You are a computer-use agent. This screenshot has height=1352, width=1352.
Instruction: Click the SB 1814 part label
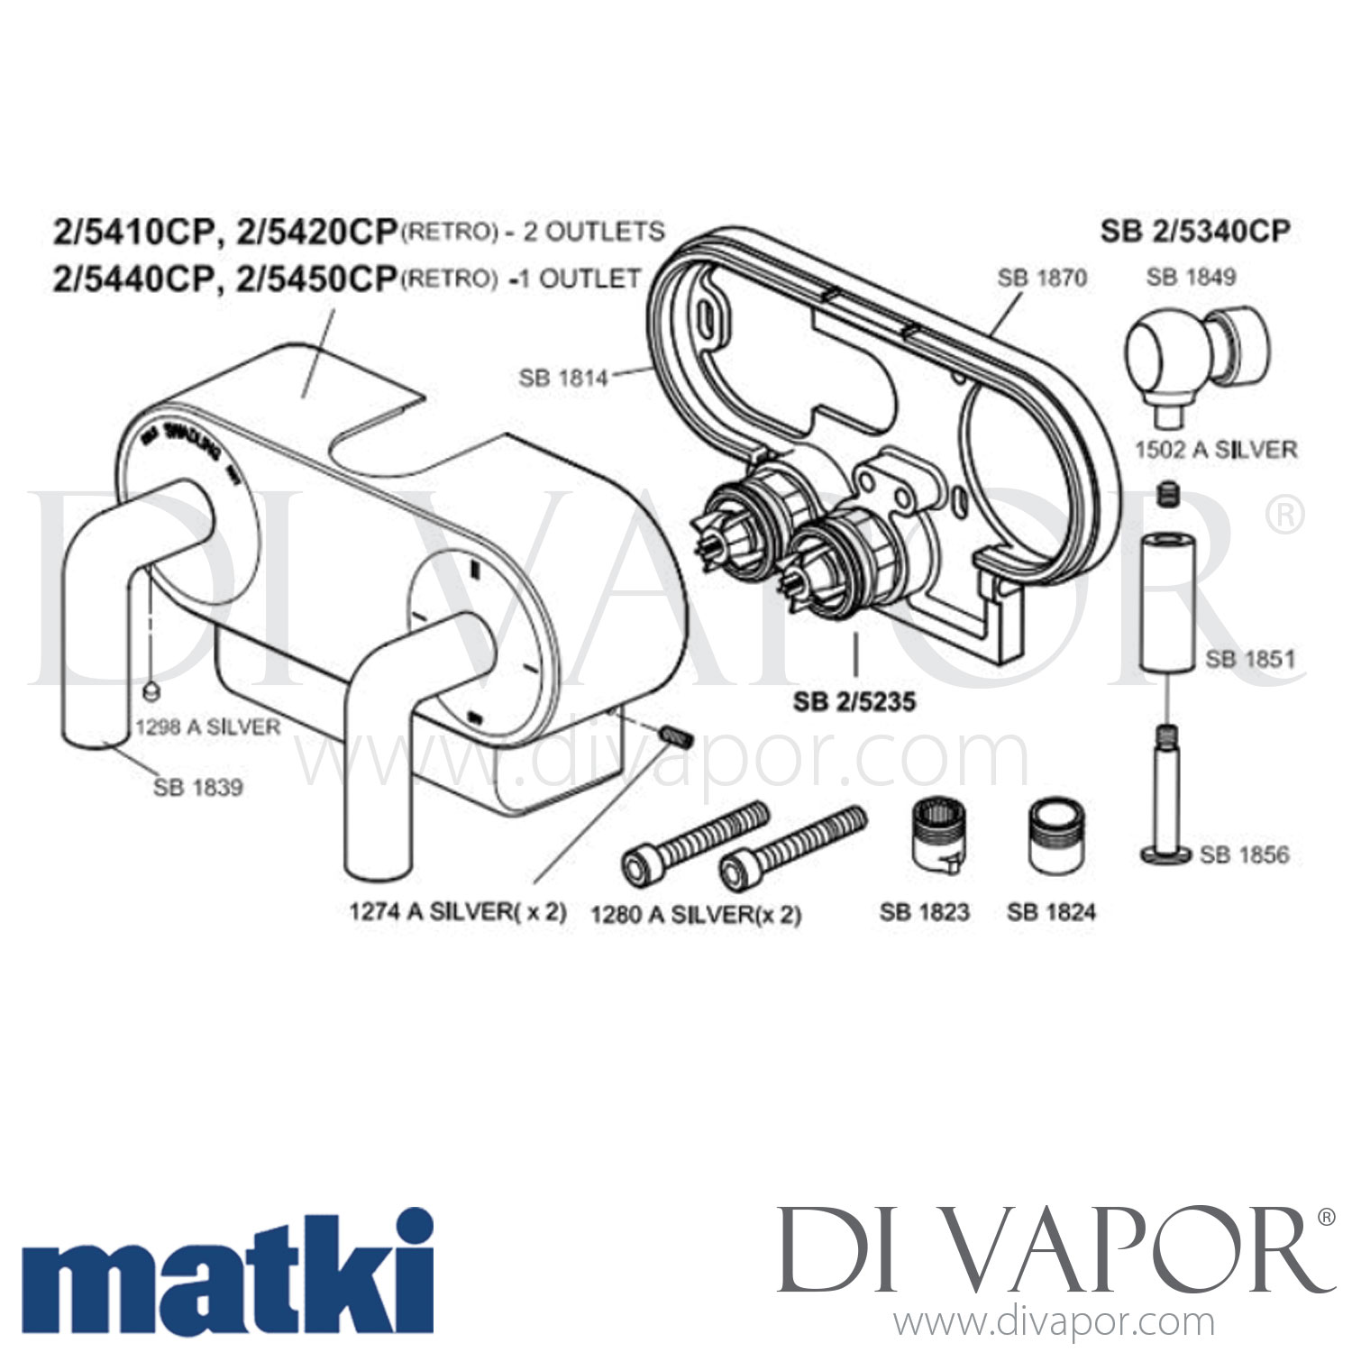562,378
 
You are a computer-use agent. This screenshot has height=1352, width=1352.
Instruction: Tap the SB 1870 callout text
1042,278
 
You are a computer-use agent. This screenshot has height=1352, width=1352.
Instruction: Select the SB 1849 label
1191,277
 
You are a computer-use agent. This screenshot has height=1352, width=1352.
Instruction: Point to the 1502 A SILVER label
1216,450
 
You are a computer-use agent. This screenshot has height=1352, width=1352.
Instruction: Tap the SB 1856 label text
1244,854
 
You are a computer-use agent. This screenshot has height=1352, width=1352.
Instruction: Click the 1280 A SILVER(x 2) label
695,915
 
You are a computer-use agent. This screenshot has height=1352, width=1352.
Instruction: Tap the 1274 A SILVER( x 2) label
458,911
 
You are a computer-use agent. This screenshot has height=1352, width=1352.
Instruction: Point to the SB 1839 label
197,787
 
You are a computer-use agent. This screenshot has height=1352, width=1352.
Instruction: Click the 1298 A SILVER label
207,726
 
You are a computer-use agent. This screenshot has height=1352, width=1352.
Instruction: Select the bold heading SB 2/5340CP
1194,232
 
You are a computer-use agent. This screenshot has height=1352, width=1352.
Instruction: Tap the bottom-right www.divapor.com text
1054,1323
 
